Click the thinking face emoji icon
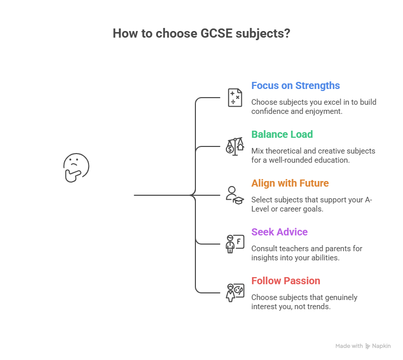(x=76, y=168)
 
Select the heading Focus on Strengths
(x=295, y=85)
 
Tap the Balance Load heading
(x=282, y=134)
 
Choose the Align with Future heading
(x=290, y=183)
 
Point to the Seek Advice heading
(x=279, y=232)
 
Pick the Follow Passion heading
(x=285, y=281)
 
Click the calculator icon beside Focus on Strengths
(x=235, y=98)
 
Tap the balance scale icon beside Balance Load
(x=235, y=146)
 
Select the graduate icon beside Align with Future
(x=235, y=195)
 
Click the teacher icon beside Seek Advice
(x=235, y=244)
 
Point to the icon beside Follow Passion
(x=235, y=293)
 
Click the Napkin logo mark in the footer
(x=368, y=346)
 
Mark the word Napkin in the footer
(x=381, y=346)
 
